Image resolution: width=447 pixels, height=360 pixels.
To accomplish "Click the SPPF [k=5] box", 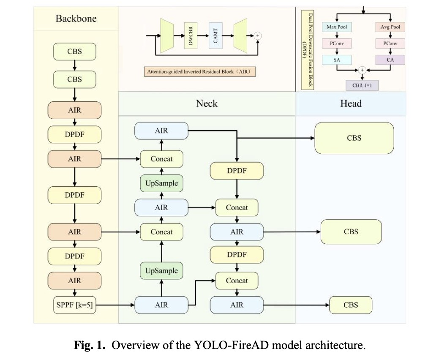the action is pos(74,305).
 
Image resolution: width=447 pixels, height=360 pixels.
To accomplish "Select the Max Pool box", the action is pos(337,27).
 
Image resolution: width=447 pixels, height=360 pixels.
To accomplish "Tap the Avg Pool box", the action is pos(390,27).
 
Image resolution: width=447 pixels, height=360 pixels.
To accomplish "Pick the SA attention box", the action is pos(337,60).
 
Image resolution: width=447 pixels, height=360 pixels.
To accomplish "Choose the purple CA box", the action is pos(390,60).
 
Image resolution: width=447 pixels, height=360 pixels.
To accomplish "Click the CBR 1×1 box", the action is pos(362,85).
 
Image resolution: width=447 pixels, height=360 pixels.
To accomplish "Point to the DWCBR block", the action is pos(191,35).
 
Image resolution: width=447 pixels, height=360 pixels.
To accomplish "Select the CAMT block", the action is pos(215,35).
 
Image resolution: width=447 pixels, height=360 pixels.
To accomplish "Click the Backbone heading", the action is pos(76,19).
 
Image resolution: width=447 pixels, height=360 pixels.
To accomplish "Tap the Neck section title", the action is pos(207,104).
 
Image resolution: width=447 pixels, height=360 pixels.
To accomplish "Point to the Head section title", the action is pos(351,104).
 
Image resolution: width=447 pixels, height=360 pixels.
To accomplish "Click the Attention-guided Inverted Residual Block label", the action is pos(200,71).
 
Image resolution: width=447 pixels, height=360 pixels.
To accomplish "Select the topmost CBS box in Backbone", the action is pos(74,52).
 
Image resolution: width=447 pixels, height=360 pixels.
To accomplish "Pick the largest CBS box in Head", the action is pos(354,138).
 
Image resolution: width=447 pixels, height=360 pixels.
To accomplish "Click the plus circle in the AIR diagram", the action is pos(258,35).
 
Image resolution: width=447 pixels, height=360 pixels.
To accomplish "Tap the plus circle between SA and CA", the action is pos(362,70).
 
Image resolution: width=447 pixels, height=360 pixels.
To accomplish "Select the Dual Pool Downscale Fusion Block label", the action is pos(308,49).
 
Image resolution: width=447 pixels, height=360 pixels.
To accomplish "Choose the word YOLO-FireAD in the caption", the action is pos(231,345).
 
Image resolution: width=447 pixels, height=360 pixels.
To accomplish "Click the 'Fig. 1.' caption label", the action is pos(90,345).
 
